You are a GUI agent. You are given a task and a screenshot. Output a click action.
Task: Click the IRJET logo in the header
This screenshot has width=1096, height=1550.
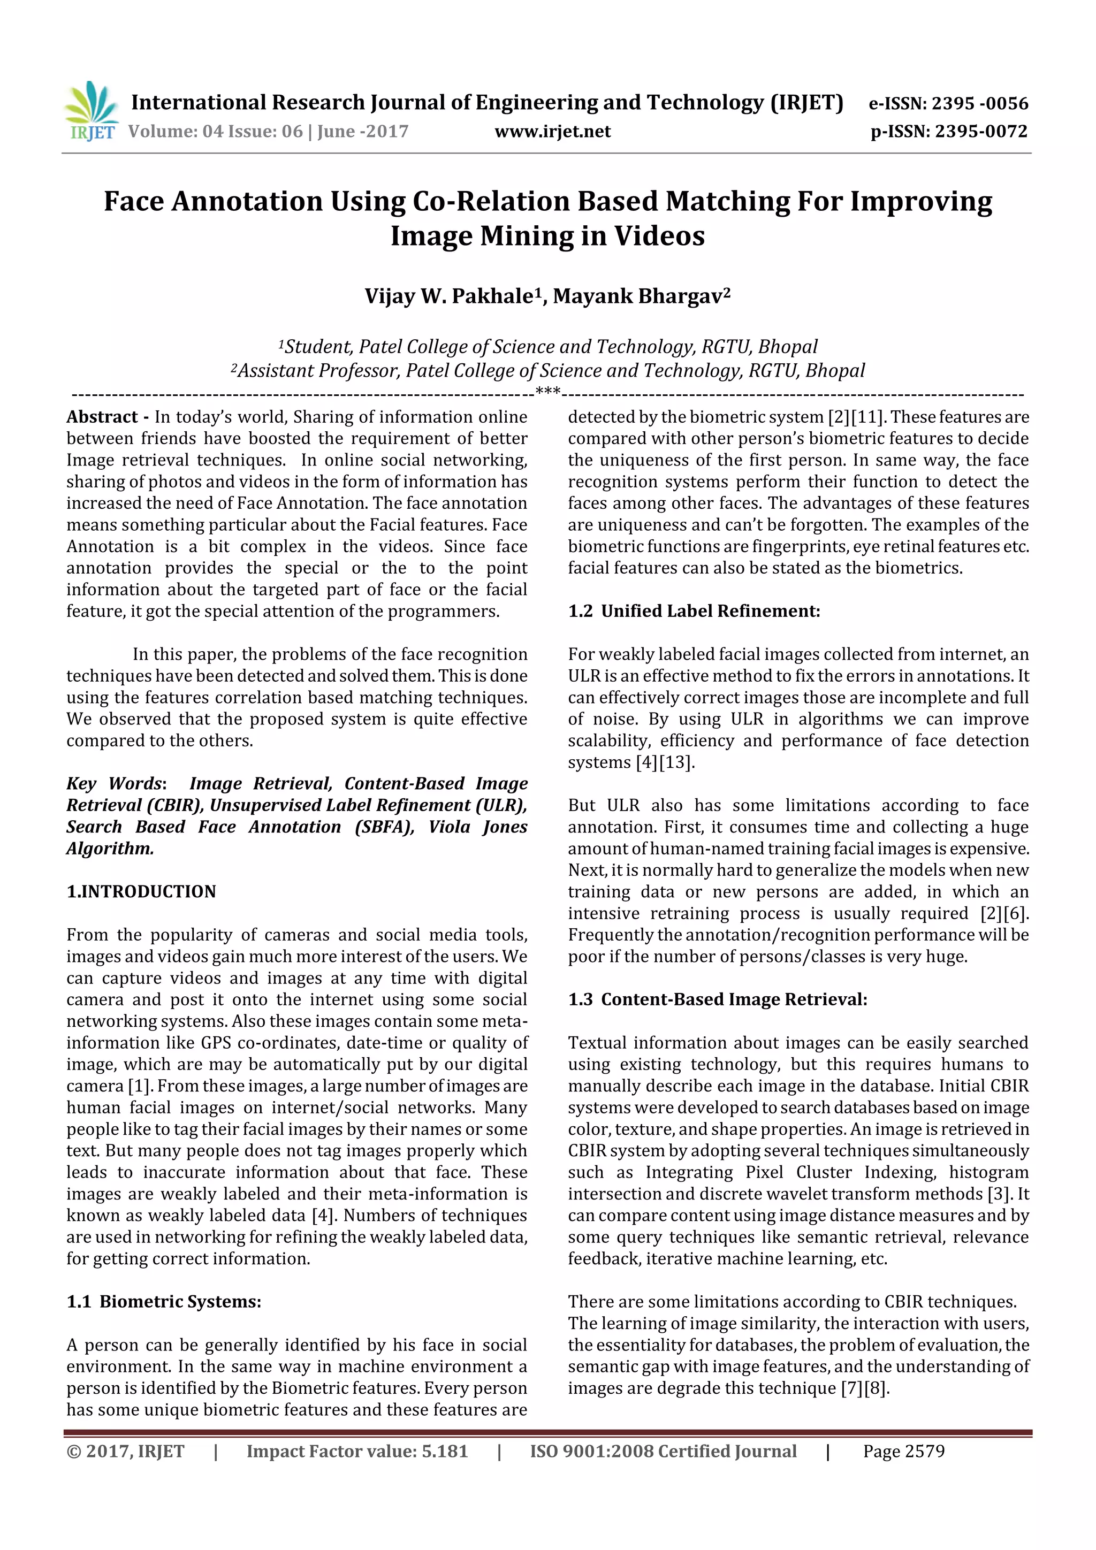pos(90,111)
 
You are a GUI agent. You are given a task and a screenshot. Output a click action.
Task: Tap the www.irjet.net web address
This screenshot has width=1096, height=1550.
pos(552,132)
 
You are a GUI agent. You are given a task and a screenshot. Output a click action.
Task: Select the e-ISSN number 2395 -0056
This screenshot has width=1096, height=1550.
pos(980,103)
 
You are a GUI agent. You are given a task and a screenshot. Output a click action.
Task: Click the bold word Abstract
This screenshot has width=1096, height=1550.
pos(102,417)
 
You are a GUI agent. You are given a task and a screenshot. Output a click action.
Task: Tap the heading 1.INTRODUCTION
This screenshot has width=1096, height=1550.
pos(141,892)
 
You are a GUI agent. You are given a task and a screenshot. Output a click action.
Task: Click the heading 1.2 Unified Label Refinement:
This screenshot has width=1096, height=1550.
pos(694,611)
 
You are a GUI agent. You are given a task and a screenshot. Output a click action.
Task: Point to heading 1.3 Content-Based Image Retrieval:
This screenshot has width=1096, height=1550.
pos(717,1000)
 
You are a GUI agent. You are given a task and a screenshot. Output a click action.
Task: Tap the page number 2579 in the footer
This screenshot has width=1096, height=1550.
pos(924,1452)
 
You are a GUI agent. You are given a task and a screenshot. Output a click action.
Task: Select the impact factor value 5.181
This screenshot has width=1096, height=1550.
pos(444,1452)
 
